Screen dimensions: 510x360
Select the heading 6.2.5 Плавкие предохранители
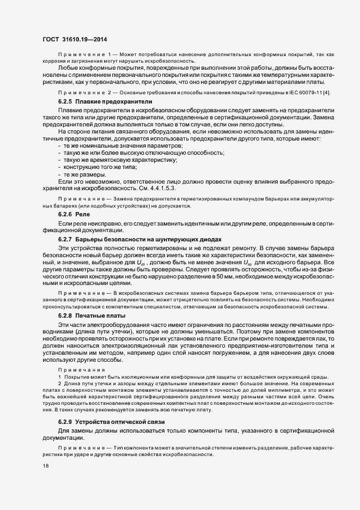click(97, 102)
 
